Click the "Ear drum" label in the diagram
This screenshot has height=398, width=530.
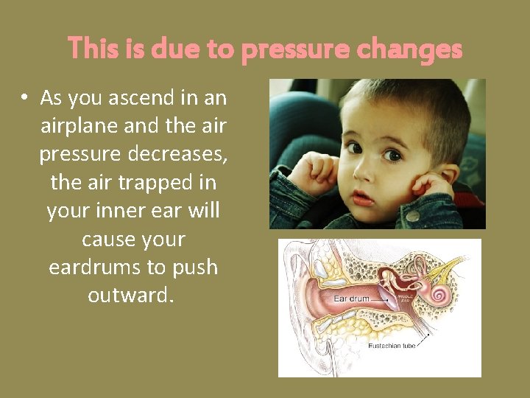point(350,298)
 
